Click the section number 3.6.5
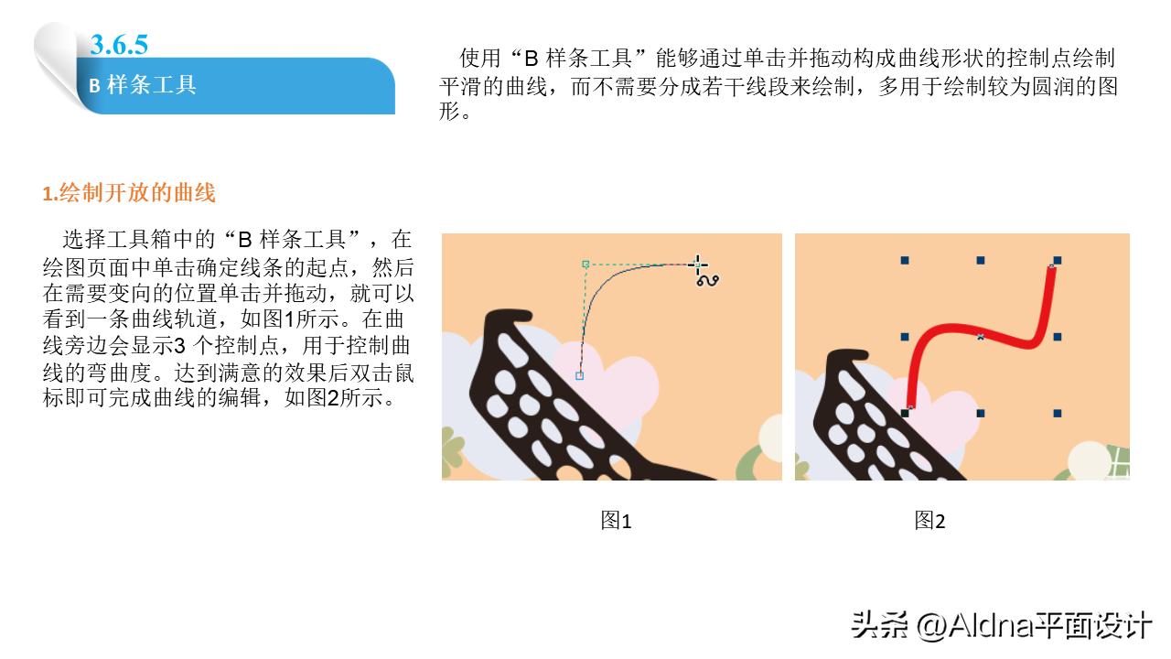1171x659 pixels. pos(119,44)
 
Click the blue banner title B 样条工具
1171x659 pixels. pos(143,85)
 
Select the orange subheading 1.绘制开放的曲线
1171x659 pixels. pos(129,193)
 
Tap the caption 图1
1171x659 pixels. pos(616,521)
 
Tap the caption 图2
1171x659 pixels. pos(929,521)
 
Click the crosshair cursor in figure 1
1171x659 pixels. pos(697,265)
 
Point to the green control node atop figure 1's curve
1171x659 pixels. pos(585,264)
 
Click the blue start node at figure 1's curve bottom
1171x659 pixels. pos(579,375)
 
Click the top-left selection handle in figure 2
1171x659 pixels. pos(905,261)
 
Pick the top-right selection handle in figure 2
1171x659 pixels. pos(1057,261)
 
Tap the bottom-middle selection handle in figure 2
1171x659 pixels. pos(981,414)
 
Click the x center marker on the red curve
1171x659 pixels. pos(981,337)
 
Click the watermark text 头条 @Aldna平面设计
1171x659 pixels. pos(1001,625)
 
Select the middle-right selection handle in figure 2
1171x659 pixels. pos(1057,337)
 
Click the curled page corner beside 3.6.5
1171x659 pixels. pos(59,59)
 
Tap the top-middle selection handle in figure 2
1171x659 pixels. pos(981,261)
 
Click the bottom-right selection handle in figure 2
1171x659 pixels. pos(1057,414)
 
